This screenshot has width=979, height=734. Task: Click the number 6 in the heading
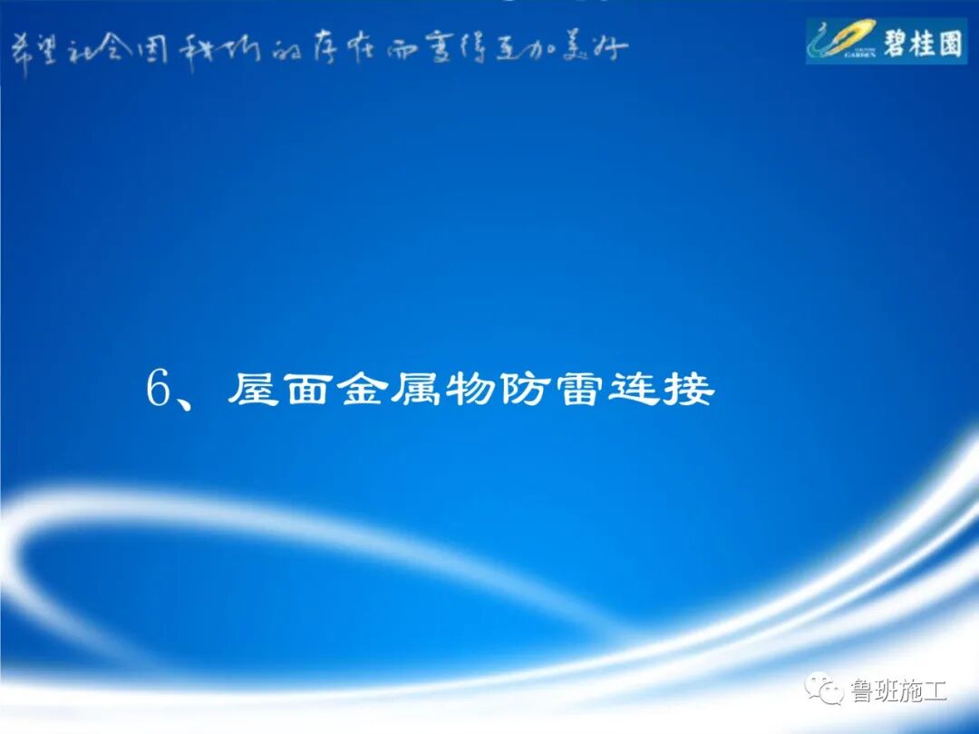[x=160, y=391]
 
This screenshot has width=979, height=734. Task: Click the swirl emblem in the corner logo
[x=841, y=38]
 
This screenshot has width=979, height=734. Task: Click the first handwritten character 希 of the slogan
[x=20, y=50]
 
